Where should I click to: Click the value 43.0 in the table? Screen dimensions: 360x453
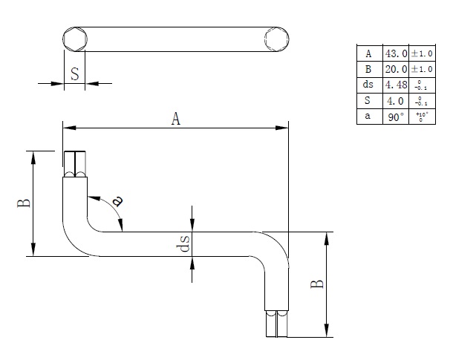coord(394,53)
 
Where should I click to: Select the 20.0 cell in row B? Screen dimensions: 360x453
coord(394,69)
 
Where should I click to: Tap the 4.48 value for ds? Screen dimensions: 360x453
coord(394,85)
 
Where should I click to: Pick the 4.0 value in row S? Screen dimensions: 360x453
coord(394,101)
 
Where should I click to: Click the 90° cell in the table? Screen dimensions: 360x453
coord(394,117)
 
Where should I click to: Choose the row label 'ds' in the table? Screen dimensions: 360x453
coord(368,85)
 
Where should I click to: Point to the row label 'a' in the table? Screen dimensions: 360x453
coord(368,117)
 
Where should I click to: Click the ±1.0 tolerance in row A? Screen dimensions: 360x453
coord(420,53)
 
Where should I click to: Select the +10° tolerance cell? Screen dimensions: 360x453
coord(420,117)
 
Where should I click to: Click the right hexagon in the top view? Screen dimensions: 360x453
coord(276,39)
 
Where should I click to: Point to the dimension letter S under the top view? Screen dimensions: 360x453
coord(75,73)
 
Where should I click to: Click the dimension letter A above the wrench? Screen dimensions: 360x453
coord(176,118)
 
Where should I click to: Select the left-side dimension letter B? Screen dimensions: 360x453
coord(24,202)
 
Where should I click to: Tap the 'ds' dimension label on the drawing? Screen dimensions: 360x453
coord(185,243)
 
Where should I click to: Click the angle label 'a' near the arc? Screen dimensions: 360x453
coord(117,200)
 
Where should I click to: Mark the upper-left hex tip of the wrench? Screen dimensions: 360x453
coord(75,164)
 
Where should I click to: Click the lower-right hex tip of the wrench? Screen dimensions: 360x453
coord(276,324)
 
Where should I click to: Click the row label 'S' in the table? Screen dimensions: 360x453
coord(368,101)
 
